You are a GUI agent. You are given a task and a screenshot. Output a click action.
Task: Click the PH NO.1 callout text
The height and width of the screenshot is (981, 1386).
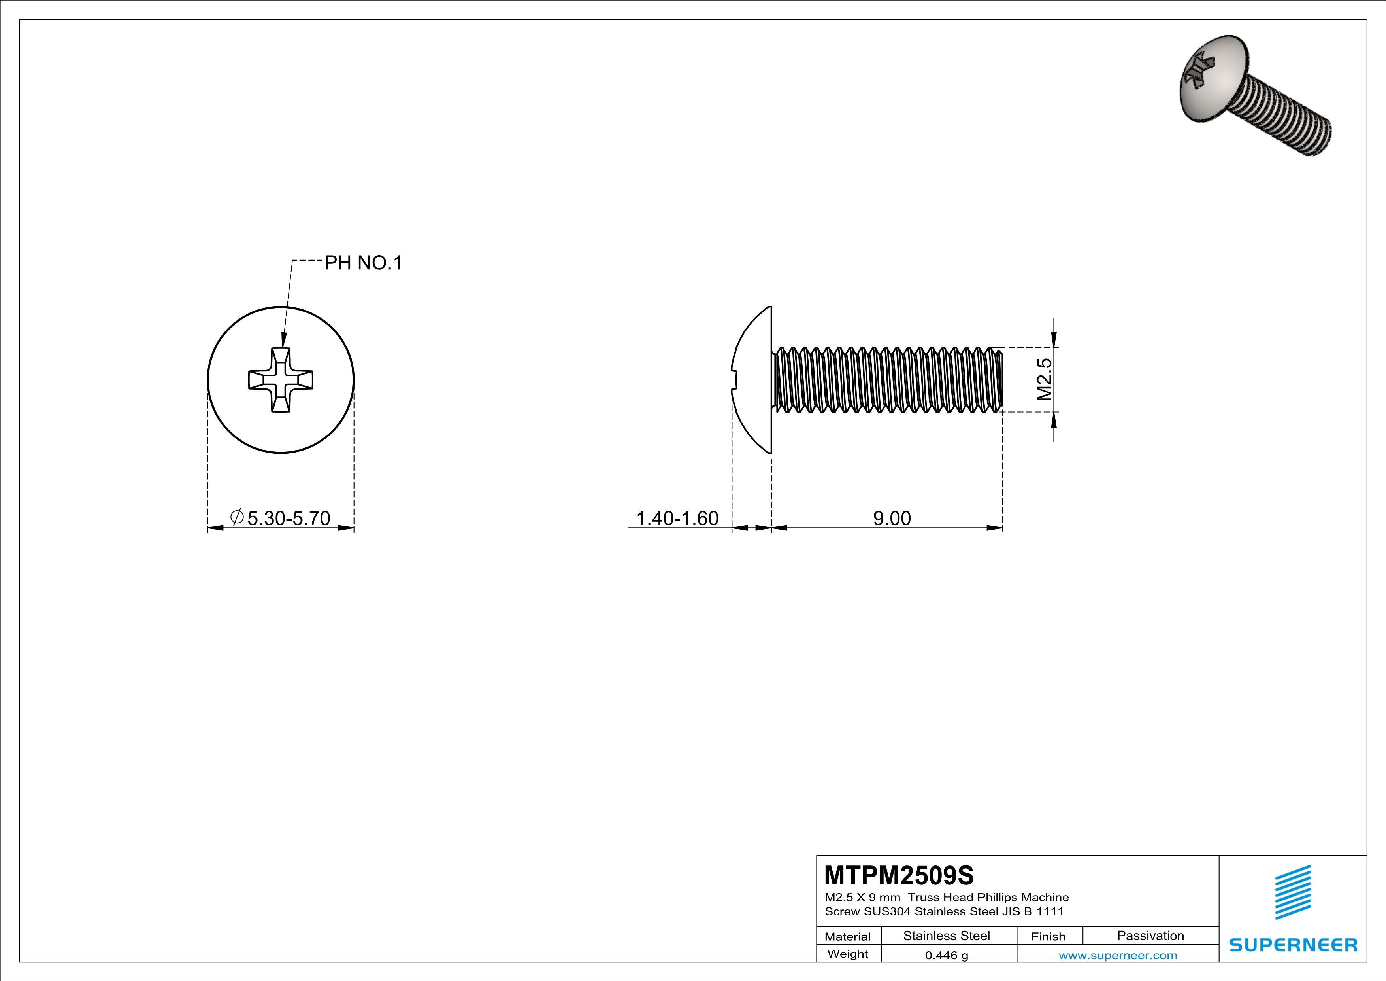pos(363,263)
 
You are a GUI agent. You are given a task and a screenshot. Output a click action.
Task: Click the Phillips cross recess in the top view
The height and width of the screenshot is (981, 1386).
pos(281,380)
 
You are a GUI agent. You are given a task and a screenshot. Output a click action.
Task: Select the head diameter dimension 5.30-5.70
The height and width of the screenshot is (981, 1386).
pos(289,518)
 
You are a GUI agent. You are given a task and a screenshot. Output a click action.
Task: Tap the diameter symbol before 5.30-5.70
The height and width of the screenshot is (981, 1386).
pos(237,517)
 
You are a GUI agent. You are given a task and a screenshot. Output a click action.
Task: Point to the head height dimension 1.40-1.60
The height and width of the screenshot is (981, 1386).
pos(677,518)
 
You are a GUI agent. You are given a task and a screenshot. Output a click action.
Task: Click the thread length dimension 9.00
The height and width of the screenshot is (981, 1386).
pos(892,518)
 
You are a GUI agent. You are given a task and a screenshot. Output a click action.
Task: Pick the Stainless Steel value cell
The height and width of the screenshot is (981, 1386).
pos(947,936)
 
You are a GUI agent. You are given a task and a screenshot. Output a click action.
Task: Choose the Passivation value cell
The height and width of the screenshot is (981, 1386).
pos(1150,936)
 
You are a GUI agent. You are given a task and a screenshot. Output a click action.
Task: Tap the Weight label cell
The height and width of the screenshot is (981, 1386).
pos(848,954)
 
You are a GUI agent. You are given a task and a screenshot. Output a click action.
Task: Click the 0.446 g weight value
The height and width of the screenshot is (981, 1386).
pos(947,955)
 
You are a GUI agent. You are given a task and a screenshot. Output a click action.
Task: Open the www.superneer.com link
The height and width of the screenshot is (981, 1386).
pos(1117,955)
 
